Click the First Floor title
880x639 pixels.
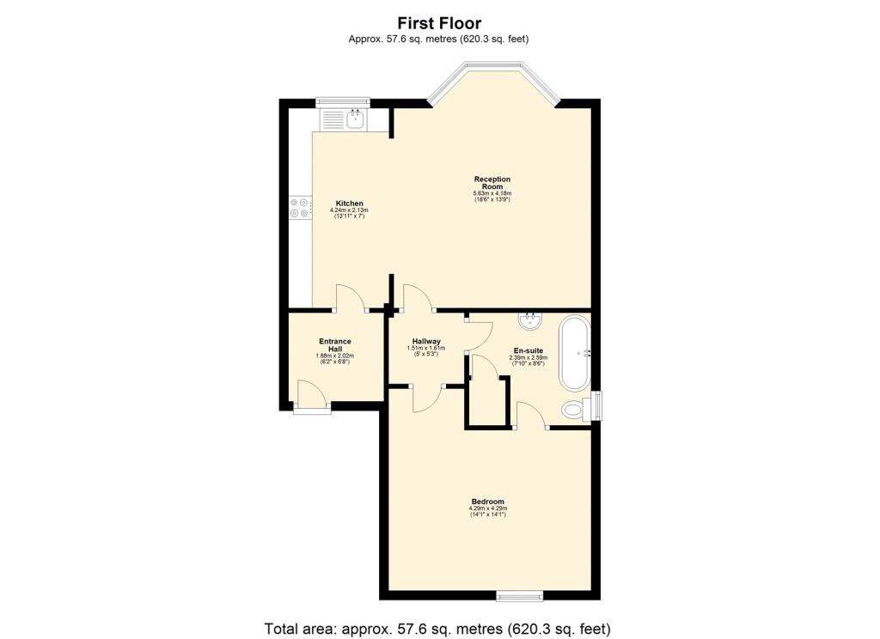[x=439, y=23]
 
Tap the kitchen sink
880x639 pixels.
[x=355, y=119]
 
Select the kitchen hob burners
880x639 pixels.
[x=299, y=208]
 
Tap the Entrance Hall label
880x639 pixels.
[x=334, y=344]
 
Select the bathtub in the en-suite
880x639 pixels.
[x=575, y=352]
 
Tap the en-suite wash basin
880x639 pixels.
[x=529, y=321]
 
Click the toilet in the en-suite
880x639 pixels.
[x=573, y=409]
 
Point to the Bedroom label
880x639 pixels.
[x=487, y=502]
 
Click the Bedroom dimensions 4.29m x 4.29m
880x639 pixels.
[x=487, y=508]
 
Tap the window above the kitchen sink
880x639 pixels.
[x=341, y=102]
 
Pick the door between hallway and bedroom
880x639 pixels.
[x=426, y=398]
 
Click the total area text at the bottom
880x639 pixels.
[x=439, y=629]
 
